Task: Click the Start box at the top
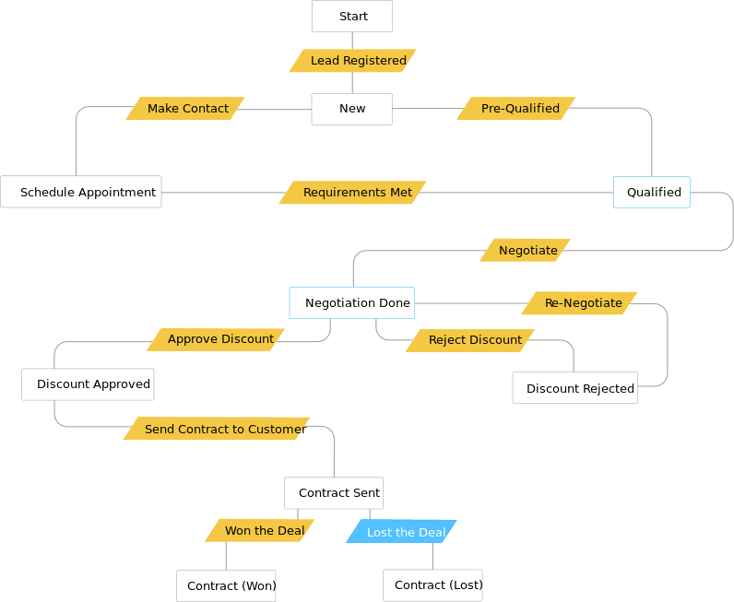pos(352,17)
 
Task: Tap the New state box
pos(352,109)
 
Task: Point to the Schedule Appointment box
pos(81,192)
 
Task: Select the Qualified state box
pos(652,192)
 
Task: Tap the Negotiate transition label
pos(526,251)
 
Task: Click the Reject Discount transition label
pos(471,340)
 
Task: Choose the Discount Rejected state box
pos(575,388)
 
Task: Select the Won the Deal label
pos(261,531)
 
